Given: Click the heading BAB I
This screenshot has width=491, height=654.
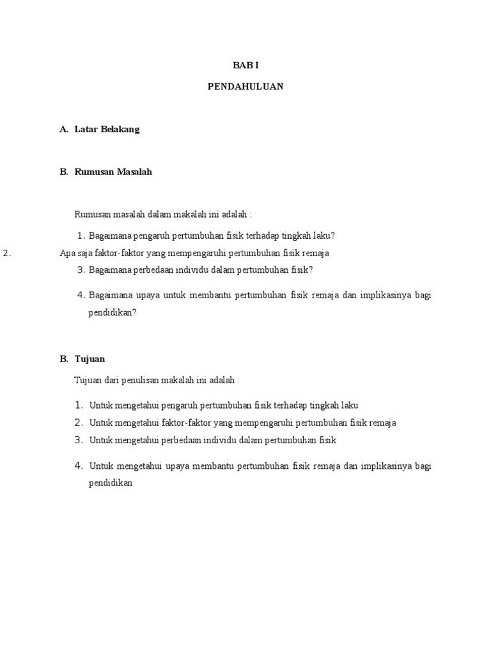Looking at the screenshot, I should point(245,66).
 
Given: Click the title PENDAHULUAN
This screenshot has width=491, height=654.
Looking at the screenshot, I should point(245,87).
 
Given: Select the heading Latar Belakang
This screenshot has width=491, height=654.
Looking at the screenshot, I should point(107,130).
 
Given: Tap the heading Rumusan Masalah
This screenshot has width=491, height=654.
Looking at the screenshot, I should point(113,172).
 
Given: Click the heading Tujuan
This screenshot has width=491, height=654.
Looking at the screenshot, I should point(90,359).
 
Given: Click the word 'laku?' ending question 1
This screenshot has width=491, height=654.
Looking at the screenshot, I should point(323,235).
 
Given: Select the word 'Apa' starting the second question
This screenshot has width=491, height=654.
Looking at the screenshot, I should point(67,253).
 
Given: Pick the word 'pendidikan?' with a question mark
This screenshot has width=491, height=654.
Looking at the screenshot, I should point(113,313).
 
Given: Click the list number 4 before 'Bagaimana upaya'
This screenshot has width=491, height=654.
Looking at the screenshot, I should point(81,295).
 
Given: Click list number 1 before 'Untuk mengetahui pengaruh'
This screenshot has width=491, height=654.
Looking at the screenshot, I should point(79,405).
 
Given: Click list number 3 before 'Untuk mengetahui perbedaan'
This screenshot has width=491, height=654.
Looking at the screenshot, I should point(79,440).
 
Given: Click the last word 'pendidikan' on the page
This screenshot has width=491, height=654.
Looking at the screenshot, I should point(110,483).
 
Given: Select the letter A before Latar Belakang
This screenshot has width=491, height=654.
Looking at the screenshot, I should point(63,130).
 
